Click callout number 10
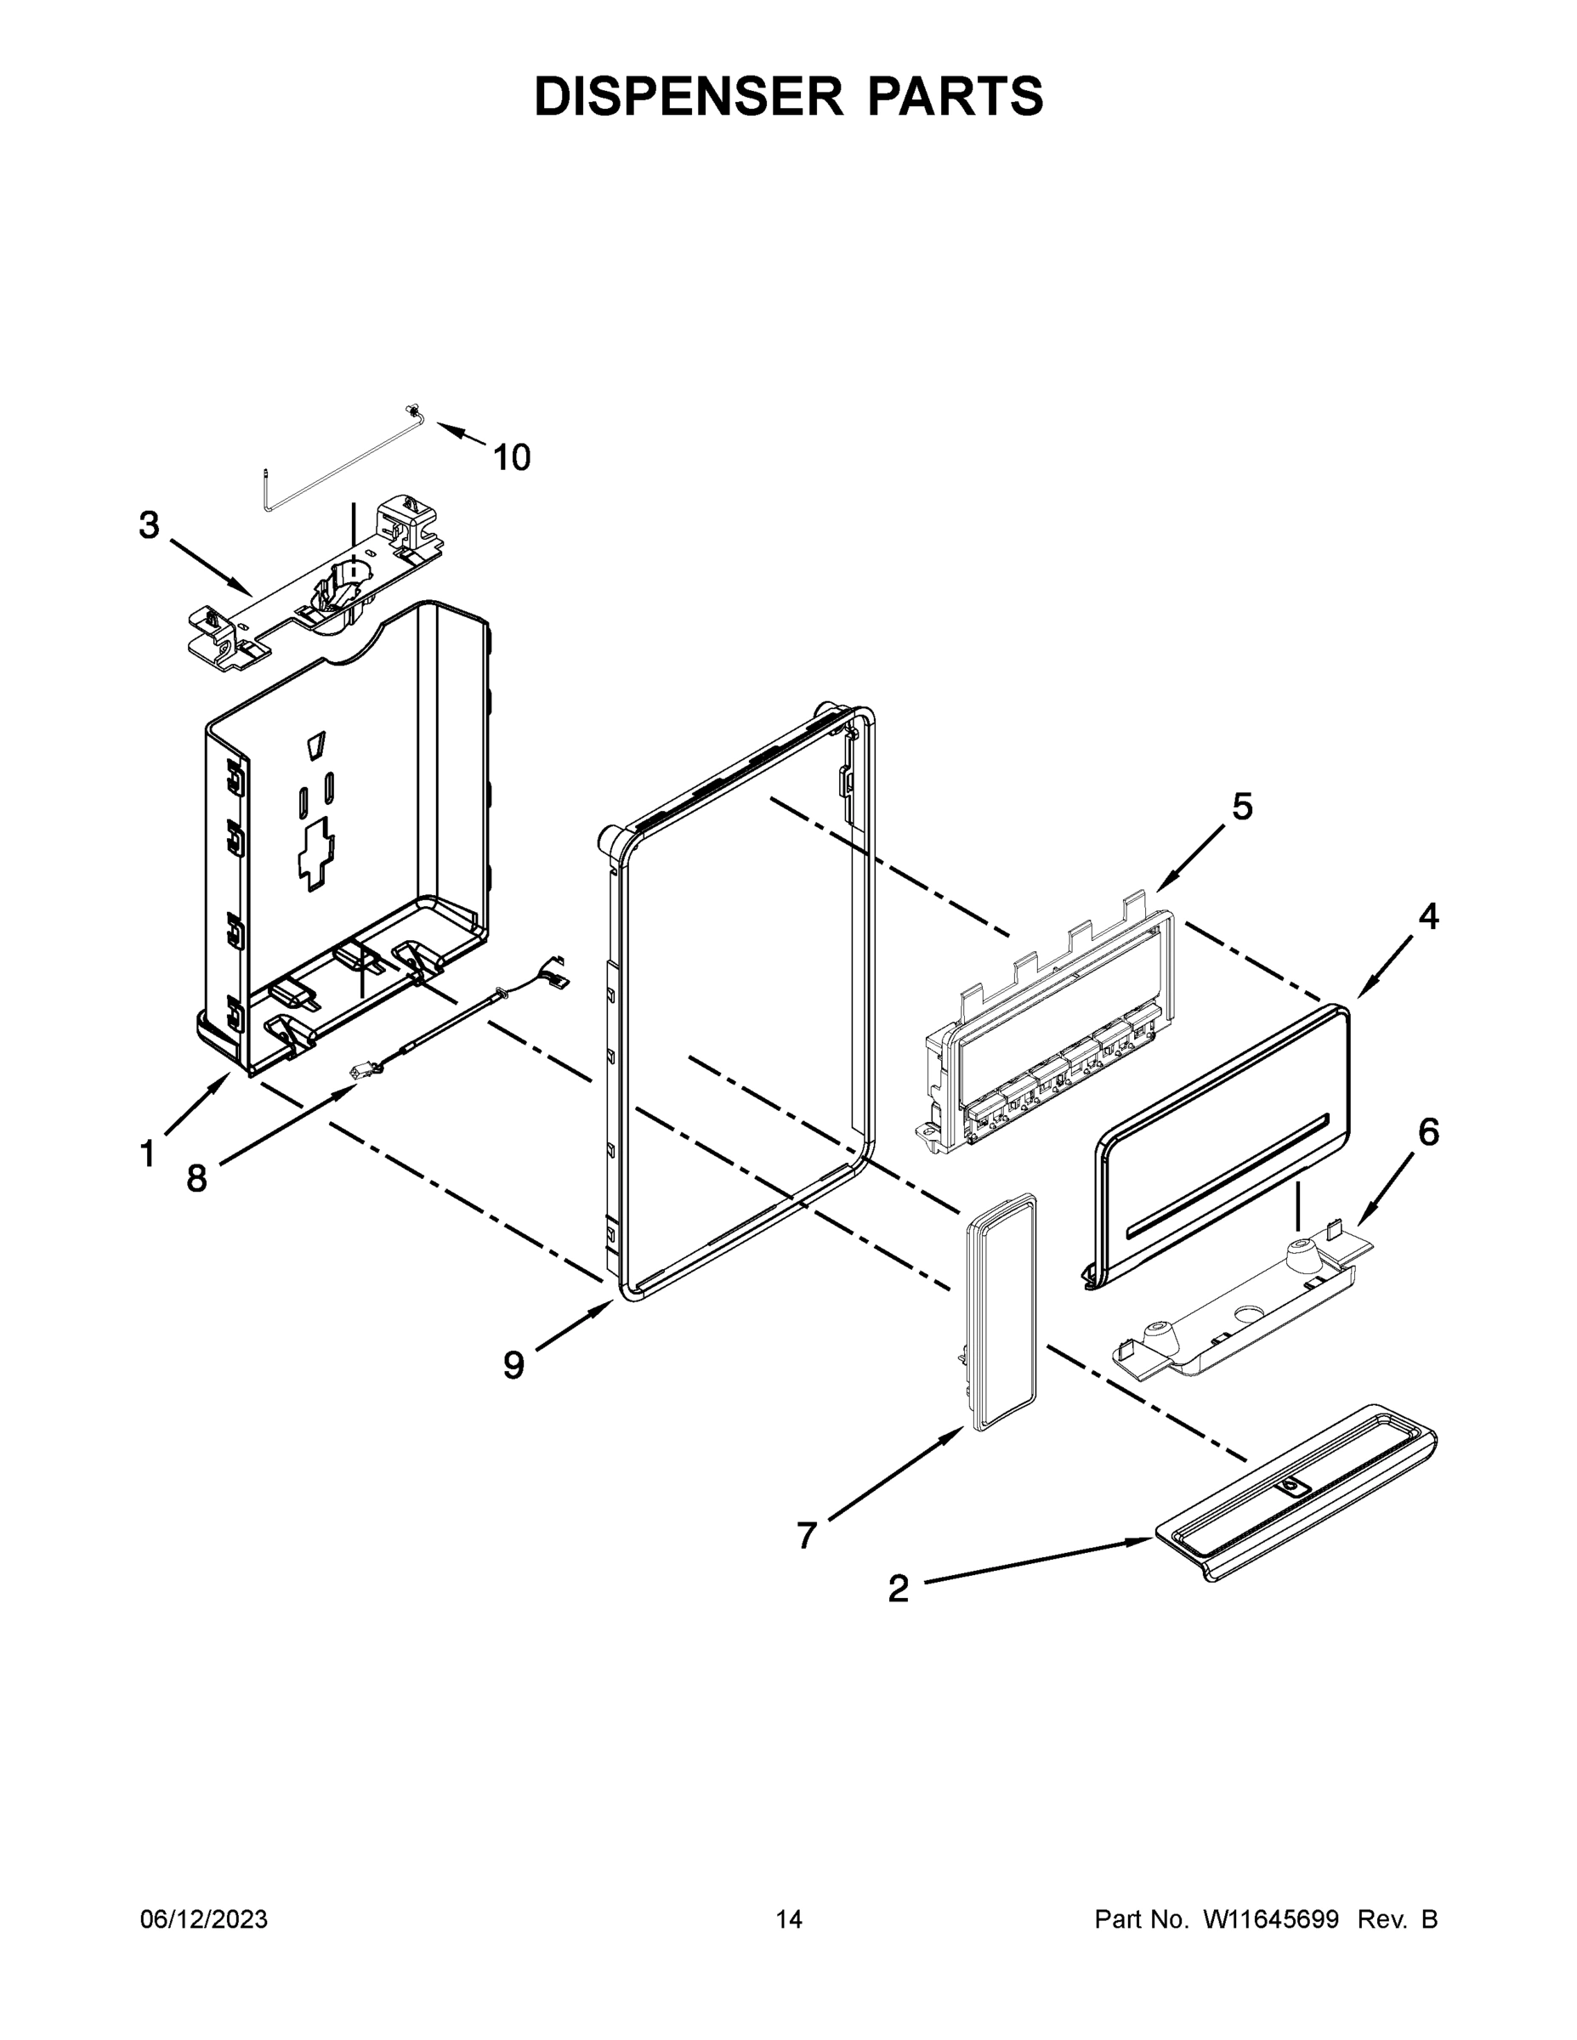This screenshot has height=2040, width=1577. click(511, 457)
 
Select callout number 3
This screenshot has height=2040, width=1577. click(150, 525)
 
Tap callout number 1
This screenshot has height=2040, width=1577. click(147, 1154)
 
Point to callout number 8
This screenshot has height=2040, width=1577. click(196, 1179)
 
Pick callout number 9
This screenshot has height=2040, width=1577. click(513, 1366)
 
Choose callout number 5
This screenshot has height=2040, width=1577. click(1241, 806)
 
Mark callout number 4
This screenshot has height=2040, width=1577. click(1428, 916)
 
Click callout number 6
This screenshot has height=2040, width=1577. click(1428, 1132)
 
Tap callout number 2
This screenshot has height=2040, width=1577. click(898, 1588)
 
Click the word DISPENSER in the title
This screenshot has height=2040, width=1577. click(688, 96)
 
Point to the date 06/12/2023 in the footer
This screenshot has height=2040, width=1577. click(204, 1919)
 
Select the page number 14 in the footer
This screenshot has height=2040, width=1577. click(789, 1919)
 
